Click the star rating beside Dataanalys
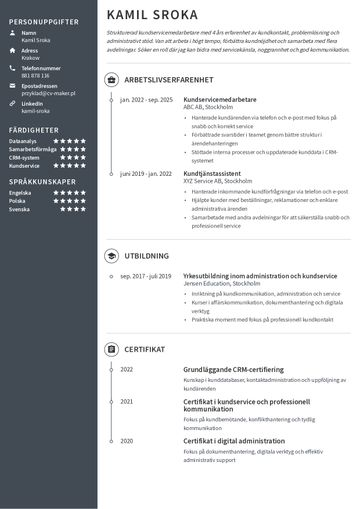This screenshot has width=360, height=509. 69,141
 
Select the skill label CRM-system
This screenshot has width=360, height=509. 24,157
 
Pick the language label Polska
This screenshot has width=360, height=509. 17,200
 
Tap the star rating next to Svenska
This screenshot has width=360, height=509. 69,208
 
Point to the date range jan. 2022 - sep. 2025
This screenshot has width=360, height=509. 145,100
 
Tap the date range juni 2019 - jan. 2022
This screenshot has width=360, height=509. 145,172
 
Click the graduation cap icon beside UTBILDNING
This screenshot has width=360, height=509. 110,255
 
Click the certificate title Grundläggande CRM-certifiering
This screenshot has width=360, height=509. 233,369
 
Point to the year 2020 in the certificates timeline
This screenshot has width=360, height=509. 126,440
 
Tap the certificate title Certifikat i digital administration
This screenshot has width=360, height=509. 234,440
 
